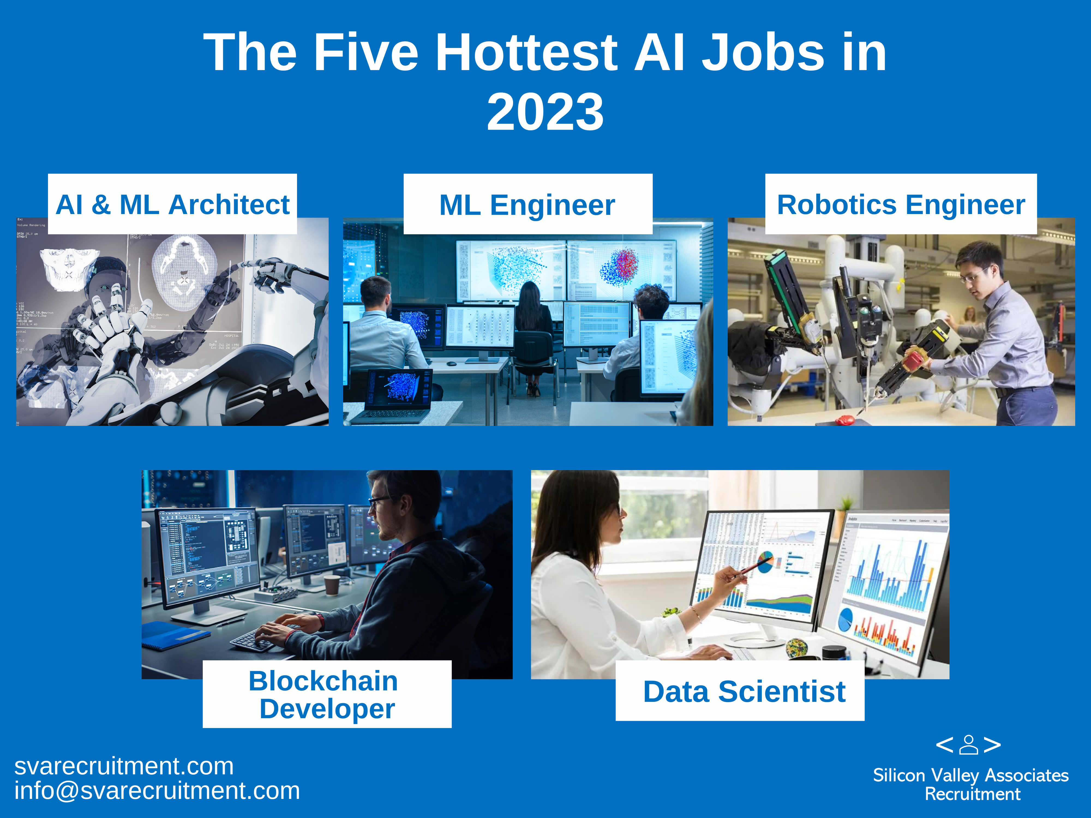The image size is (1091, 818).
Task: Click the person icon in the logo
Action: tap(969, 745)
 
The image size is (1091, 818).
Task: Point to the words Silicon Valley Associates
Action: tap(971, 775)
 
